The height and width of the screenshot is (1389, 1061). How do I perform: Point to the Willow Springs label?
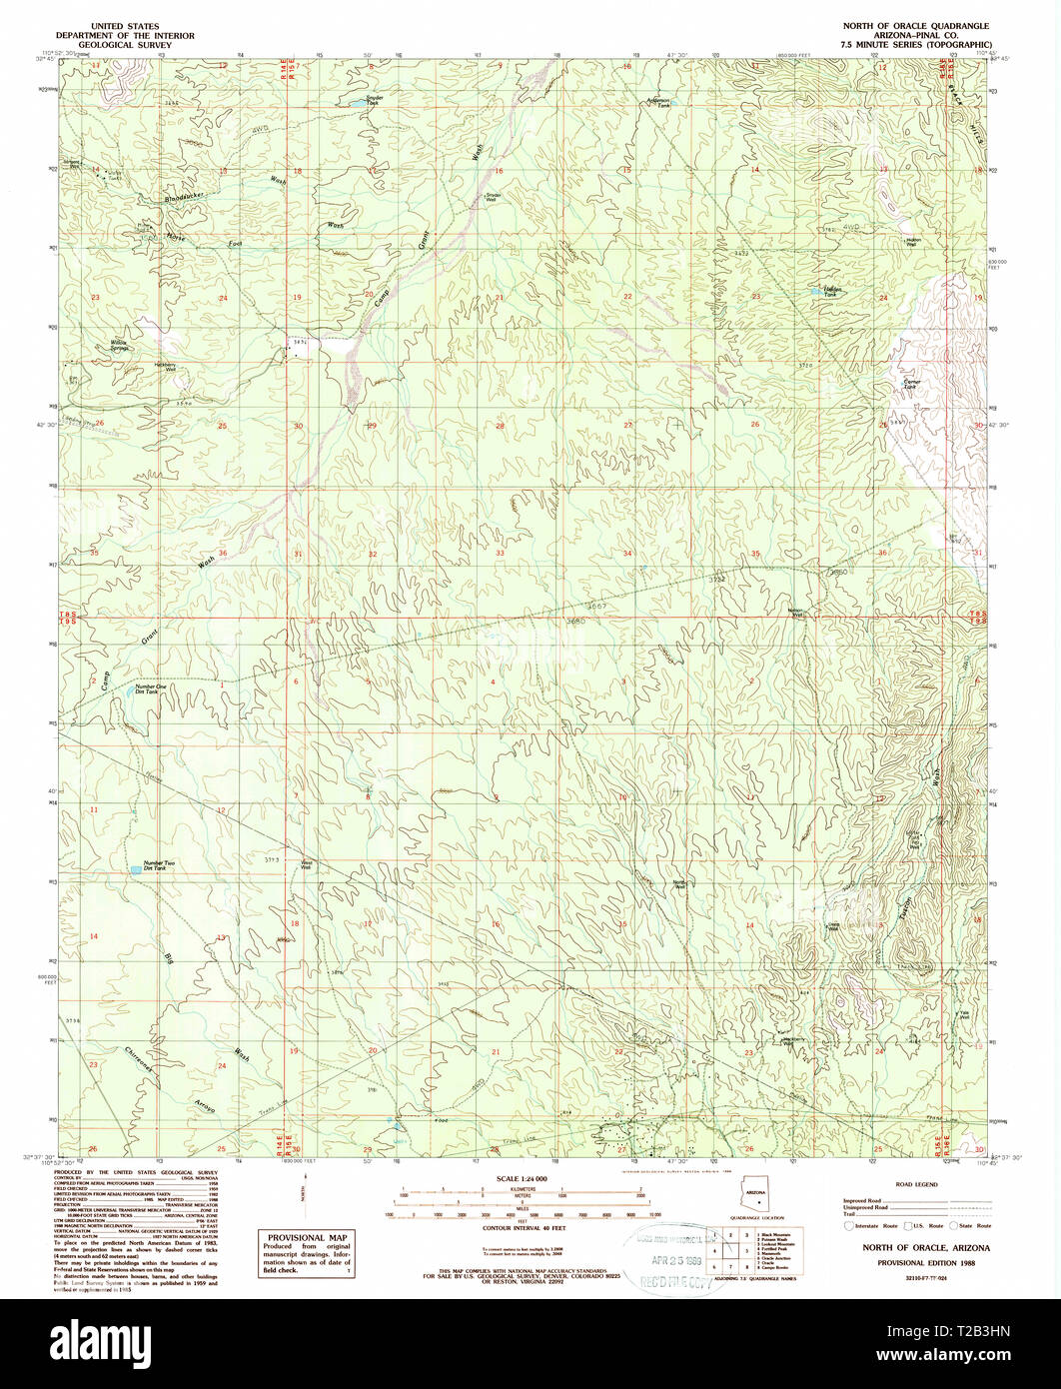(x=119, y=346)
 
